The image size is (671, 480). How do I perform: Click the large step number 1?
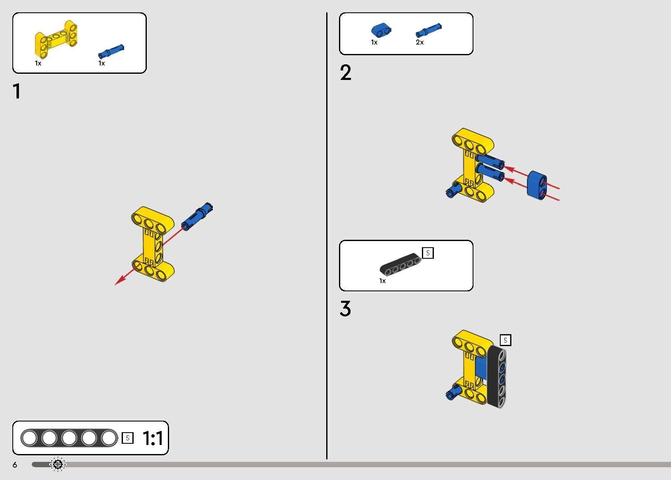[x=17, y=91]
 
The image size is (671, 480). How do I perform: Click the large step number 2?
[x=346, y=73]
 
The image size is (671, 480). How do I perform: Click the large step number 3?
[x=345, y=309]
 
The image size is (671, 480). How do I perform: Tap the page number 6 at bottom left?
[x=15, y=465]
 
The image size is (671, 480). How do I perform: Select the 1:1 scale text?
[x=153, y=438]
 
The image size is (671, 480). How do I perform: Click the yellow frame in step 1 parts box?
[x=56, y=39]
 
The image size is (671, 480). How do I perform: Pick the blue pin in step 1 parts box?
[x=111, y=51]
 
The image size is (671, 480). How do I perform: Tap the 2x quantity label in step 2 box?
[x=420, y=42]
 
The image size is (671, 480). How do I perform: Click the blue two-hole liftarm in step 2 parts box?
[x=381, y=30]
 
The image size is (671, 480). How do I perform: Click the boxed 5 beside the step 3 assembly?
[x=505, y=340]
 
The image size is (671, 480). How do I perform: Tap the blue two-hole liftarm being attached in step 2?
[x=537, y=185]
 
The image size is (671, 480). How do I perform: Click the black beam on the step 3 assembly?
[x=497, y=376]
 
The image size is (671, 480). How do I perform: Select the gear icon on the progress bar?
[x=58, y=464]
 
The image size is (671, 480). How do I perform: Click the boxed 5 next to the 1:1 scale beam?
[x=127, y=438]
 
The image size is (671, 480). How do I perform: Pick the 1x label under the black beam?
[x=383, y=281]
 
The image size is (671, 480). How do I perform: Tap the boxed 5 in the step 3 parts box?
[x=428, y=253]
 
